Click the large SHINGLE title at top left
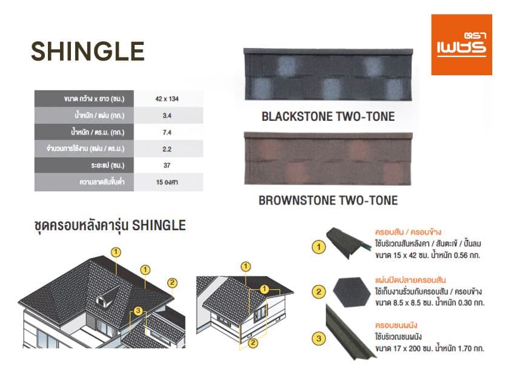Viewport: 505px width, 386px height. tap(87, 51)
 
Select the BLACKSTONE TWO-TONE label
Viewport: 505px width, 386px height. tap(327, 117)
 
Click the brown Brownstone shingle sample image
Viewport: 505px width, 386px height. tap(327, 160)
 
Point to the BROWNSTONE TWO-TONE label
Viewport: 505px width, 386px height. tap(328, 200)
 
